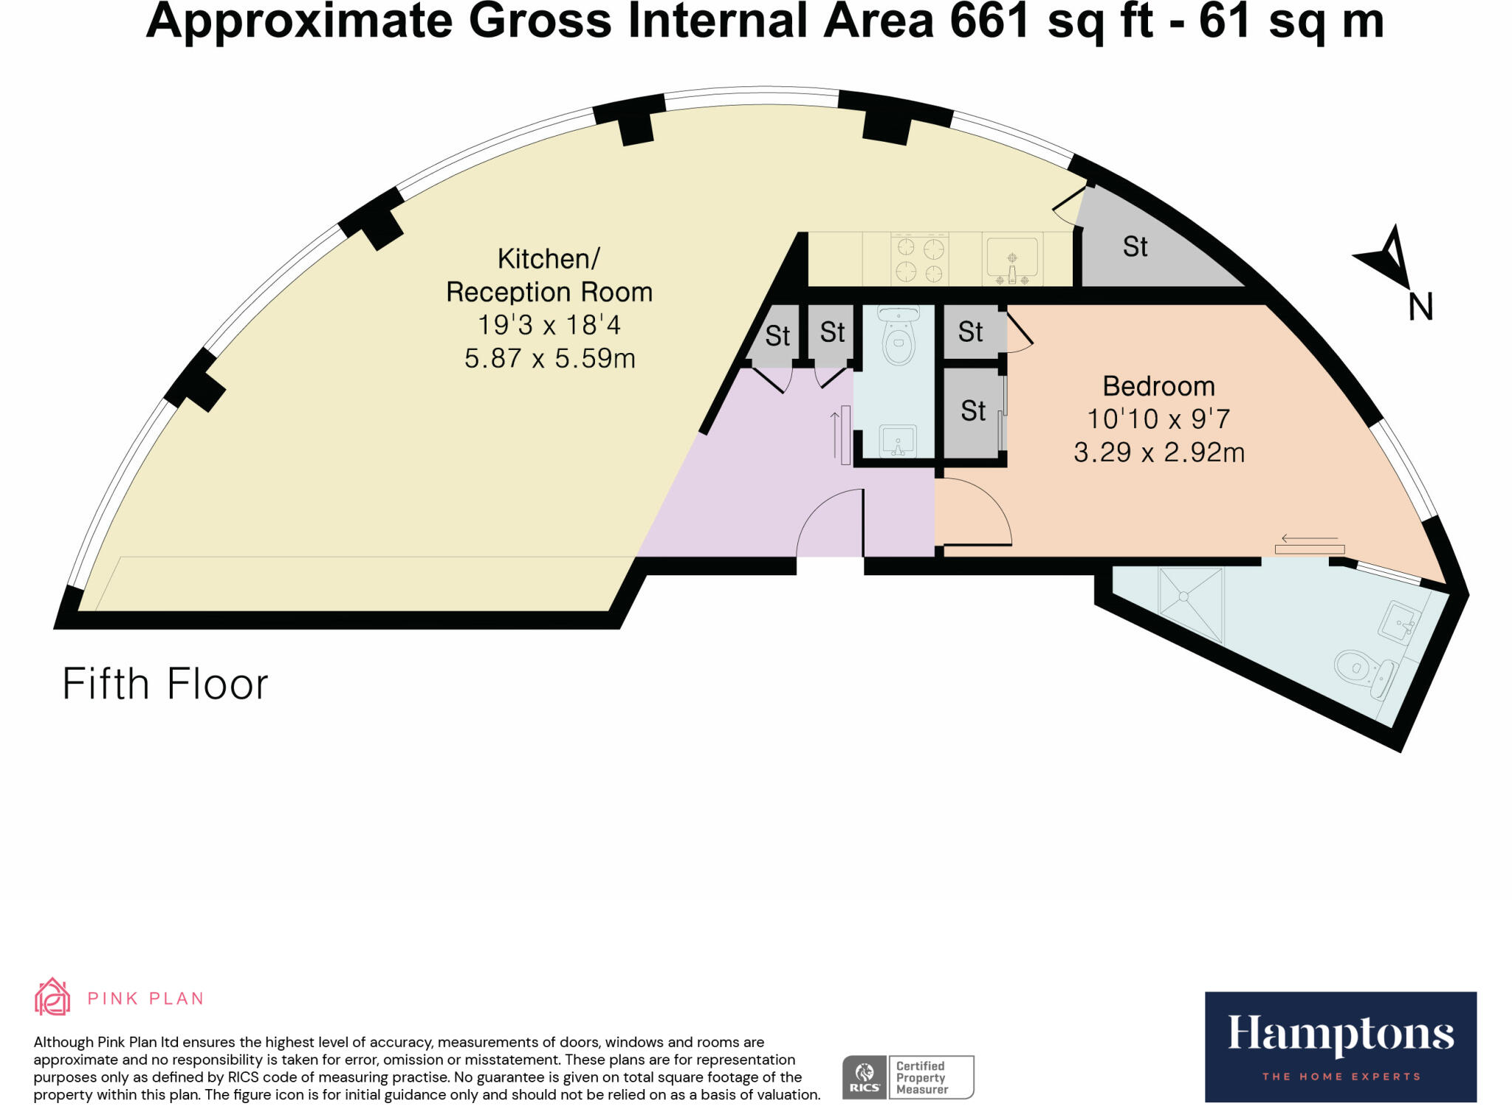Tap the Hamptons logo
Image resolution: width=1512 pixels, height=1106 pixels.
pos(1340,1046)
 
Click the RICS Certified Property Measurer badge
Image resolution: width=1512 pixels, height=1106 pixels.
pos(908,1077)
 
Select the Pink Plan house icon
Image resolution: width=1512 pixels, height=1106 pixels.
pos(52,997)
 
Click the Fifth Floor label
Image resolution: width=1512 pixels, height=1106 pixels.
pos(165,684)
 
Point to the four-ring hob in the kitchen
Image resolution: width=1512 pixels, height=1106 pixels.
pos(920,259)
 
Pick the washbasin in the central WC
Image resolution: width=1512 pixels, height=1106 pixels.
pos(898,442)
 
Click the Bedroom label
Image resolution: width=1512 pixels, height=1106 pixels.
pos(1158,386)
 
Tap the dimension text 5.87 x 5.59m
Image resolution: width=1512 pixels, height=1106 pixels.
pos(549,359)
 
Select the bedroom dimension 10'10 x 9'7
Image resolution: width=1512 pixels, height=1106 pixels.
pos(1158,419)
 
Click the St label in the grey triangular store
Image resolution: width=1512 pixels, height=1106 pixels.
pos(1135,247)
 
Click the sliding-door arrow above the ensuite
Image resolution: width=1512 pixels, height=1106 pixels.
pos(1309,538)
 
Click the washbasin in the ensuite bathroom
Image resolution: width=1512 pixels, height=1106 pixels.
pos(1398,622)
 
